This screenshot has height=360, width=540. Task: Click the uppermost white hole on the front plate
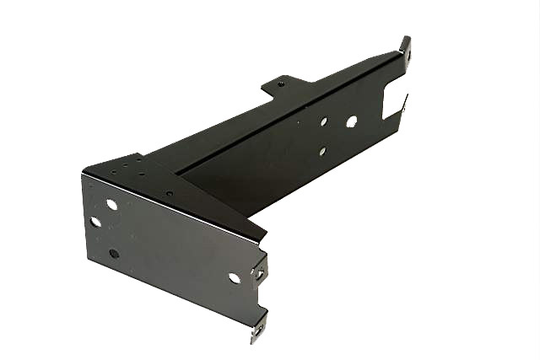tap(111, 204)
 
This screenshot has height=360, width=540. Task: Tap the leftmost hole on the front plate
tap(95, 223)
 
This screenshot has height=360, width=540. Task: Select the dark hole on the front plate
tap(114, 253)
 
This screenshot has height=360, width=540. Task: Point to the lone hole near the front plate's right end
tap(234, 277)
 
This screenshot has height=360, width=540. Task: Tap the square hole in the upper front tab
tap(260, 273)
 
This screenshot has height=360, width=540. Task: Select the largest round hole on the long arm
tap(351, 121)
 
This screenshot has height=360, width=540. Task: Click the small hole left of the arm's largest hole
tap(323, 121)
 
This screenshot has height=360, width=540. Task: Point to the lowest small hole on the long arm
tap(321, 152)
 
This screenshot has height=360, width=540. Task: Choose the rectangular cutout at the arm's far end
tap(392, 99)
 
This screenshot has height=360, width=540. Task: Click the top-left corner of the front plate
tap(83, 174)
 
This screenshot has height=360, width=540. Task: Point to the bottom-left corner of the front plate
tap(86, 259)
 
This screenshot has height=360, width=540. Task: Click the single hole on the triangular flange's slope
tap(169, 193)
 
